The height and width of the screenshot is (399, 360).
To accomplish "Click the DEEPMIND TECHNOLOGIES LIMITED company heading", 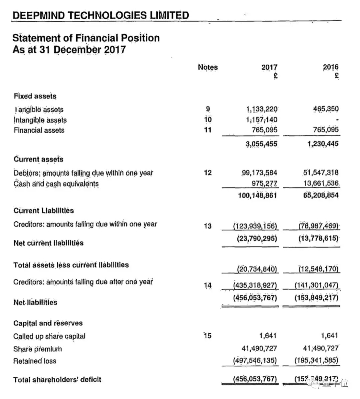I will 100,15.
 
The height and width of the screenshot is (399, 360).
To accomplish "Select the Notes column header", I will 208,67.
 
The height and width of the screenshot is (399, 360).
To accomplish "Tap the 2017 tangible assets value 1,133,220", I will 262,109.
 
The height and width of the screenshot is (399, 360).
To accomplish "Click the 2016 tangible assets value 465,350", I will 326,109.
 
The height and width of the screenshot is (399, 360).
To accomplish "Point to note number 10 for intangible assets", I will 208,120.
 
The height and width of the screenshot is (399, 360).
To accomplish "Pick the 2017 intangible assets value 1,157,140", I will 262,120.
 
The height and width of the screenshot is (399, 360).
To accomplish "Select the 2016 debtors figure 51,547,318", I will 321,173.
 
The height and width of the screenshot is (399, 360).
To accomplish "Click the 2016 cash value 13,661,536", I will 321,183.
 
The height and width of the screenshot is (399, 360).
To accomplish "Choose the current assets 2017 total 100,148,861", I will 257,195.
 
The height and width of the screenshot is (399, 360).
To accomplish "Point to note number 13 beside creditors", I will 208,226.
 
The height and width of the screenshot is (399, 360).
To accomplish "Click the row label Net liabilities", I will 35,302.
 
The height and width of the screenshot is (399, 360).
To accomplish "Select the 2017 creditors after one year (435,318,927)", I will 255,285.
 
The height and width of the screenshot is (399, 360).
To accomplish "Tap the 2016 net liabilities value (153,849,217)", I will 316,297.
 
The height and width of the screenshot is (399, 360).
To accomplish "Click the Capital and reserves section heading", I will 48,323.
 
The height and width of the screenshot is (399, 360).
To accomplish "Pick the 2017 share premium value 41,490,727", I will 259,348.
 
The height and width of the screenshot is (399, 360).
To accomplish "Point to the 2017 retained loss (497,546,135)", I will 255,360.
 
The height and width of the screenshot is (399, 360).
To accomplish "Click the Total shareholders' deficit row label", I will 57,380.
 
